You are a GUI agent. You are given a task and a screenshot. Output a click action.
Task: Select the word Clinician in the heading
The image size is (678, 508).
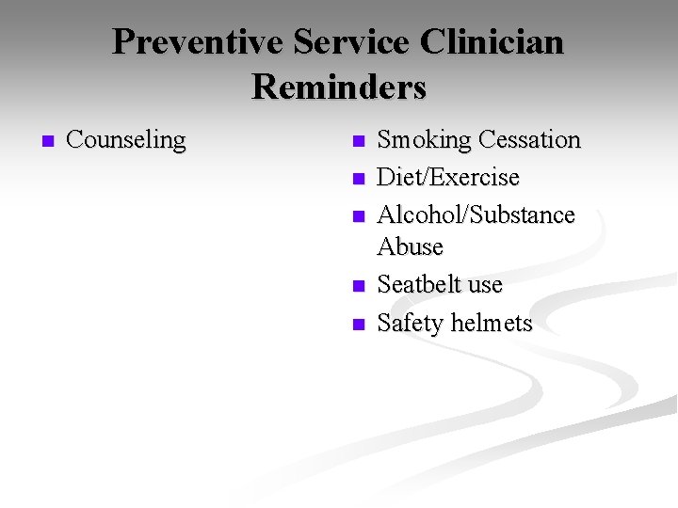[493, 42]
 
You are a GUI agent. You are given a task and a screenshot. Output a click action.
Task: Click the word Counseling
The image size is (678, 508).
[126, 140]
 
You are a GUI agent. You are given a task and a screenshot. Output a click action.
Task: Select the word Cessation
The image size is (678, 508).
[529, 140]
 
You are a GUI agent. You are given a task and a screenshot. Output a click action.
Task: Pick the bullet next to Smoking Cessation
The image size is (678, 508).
[357, 142]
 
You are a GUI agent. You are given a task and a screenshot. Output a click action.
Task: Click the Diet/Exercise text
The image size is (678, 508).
[448, 178]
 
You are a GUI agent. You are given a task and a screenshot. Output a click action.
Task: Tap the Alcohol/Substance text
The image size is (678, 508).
[476, 215]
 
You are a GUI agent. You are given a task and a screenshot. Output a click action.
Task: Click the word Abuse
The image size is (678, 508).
[410, 246]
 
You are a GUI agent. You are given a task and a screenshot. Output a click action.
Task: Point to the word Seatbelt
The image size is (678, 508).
[420, 284]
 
